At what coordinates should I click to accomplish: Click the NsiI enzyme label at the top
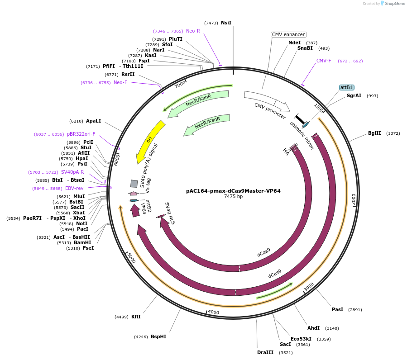coord(226,23)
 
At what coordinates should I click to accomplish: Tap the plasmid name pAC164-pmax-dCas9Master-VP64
coord(233,191)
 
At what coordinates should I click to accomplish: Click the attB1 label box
coord(346,87)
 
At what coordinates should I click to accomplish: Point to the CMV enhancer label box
coord(288,34)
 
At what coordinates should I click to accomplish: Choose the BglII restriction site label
coord(374,133)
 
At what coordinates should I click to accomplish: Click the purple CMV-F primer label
coord(324,61)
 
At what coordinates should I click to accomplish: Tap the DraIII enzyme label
coord(265,352)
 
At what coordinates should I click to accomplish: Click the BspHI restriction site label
coord(158,336)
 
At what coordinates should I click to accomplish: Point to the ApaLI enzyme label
coord(94,121)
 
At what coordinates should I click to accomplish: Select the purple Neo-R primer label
coord(193,31)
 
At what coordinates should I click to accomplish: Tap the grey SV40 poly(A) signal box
coord(134,183)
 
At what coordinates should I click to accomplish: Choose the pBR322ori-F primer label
coord(81,134)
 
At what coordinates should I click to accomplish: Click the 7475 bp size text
coord(233,197)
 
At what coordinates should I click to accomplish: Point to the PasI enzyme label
coord(337,309)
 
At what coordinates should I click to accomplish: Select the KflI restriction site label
coord(136,317)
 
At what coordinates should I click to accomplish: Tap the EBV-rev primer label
coord(74,188)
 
